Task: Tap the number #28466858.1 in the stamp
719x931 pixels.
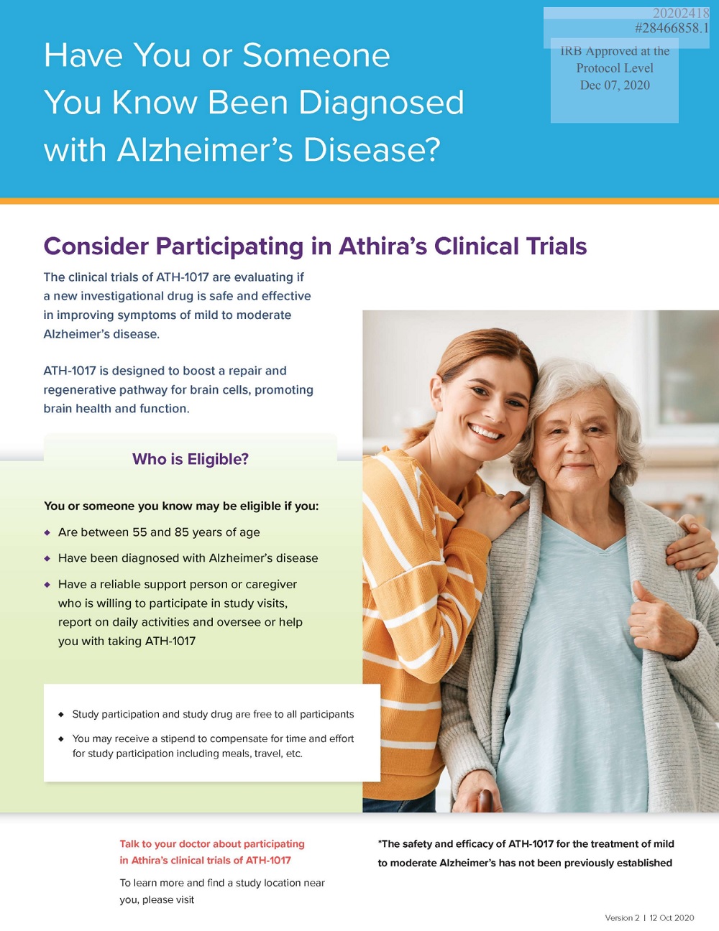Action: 672,29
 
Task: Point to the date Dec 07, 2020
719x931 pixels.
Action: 615,85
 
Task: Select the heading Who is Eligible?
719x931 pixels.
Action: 191,459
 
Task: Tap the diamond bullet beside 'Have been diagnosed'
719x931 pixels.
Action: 47,559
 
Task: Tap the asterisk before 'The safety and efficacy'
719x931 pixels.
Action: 380,842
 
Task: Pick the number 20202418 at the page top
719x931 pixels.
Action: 682,14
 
